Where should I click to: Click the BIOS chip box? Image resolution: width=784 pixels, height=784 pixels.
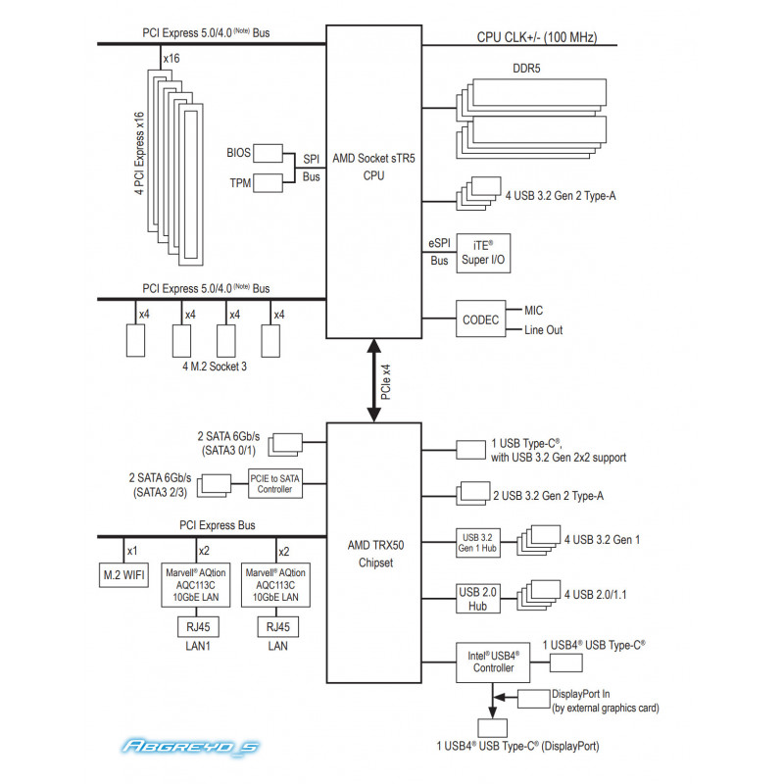268,154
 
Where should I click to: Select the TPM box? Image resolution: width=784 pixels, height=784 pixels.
268,183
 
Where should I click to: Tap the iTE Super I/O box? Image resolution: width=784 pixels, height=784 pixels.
483,253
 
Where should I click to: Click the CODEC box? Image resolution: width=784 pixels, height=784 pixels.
480,318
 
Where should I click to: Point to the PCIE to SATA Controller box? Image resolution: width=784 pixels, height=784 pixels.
275,483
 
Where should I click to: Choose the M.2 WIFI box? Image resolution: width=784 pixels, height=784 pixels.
123,575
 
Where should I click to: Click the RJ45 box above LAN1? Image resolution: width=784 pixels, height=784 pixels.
198,627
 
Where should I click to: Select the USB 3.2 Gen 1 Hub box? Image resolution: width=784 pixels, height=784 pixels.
478,543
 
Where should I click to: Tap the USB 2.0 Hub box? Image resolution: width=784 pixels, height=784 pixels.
478,599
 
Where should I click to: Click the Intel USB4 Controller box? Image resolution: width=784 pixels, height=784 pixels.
493,662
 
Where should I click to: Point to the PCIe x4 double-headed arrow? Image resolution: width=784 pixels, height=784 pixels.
373,380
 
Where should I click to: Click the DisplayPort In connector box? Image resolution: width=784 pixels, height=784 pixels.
533,699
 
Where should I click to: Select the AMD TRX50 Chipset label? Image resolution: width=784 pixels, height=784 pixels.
376,554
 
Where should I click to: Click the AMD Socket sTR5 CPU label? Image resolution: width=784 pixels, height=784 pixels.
373,167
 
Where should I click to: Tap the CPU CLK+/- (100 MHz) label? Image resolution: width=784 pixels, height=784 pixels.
537,37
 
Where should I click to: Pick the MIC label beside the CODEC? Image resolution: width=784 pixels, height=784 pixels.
533,311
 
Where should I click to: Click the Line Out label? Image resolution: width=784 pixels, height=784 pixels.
544,330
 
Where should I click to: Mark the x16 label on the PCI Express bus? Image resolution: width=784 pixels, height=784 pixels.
171,59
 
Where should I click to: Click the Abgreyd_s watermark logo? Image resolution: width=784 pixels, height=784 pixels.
190,747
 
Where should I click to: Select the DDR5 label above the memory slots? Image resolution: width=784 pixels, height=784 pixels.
526,69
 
